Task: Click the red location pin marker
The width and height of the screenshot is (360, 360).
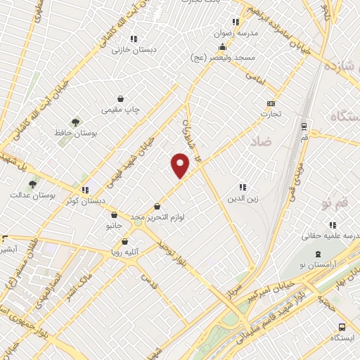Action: pos(181,166)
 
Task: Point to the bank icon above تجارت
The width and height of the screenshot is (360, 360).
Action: pos(271,103)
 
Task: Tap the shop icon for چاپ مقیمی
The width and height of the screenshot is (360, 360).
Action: pos(121,99)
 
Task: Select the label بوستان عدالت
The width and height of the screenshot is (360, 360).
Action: pos(29,194)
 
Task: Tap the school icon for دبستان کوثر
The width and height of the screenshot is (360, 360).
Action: pos(85,189)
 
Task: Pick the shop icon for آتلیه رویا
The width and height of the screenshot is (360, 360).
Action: pos(124,241)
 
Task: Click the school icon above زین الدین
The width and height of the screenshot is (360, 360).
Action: pos(243,187)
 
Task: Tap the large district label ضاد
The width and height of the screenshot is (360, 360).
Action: pos(259,141)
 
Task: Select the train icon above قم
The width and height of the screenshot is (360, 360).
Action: pos(303,127)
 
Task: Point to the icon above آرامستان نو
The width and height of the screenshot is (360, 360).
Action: pos(318,253)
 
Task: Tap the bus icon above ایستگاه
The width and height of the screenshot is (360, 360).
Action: pos(342,327)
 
